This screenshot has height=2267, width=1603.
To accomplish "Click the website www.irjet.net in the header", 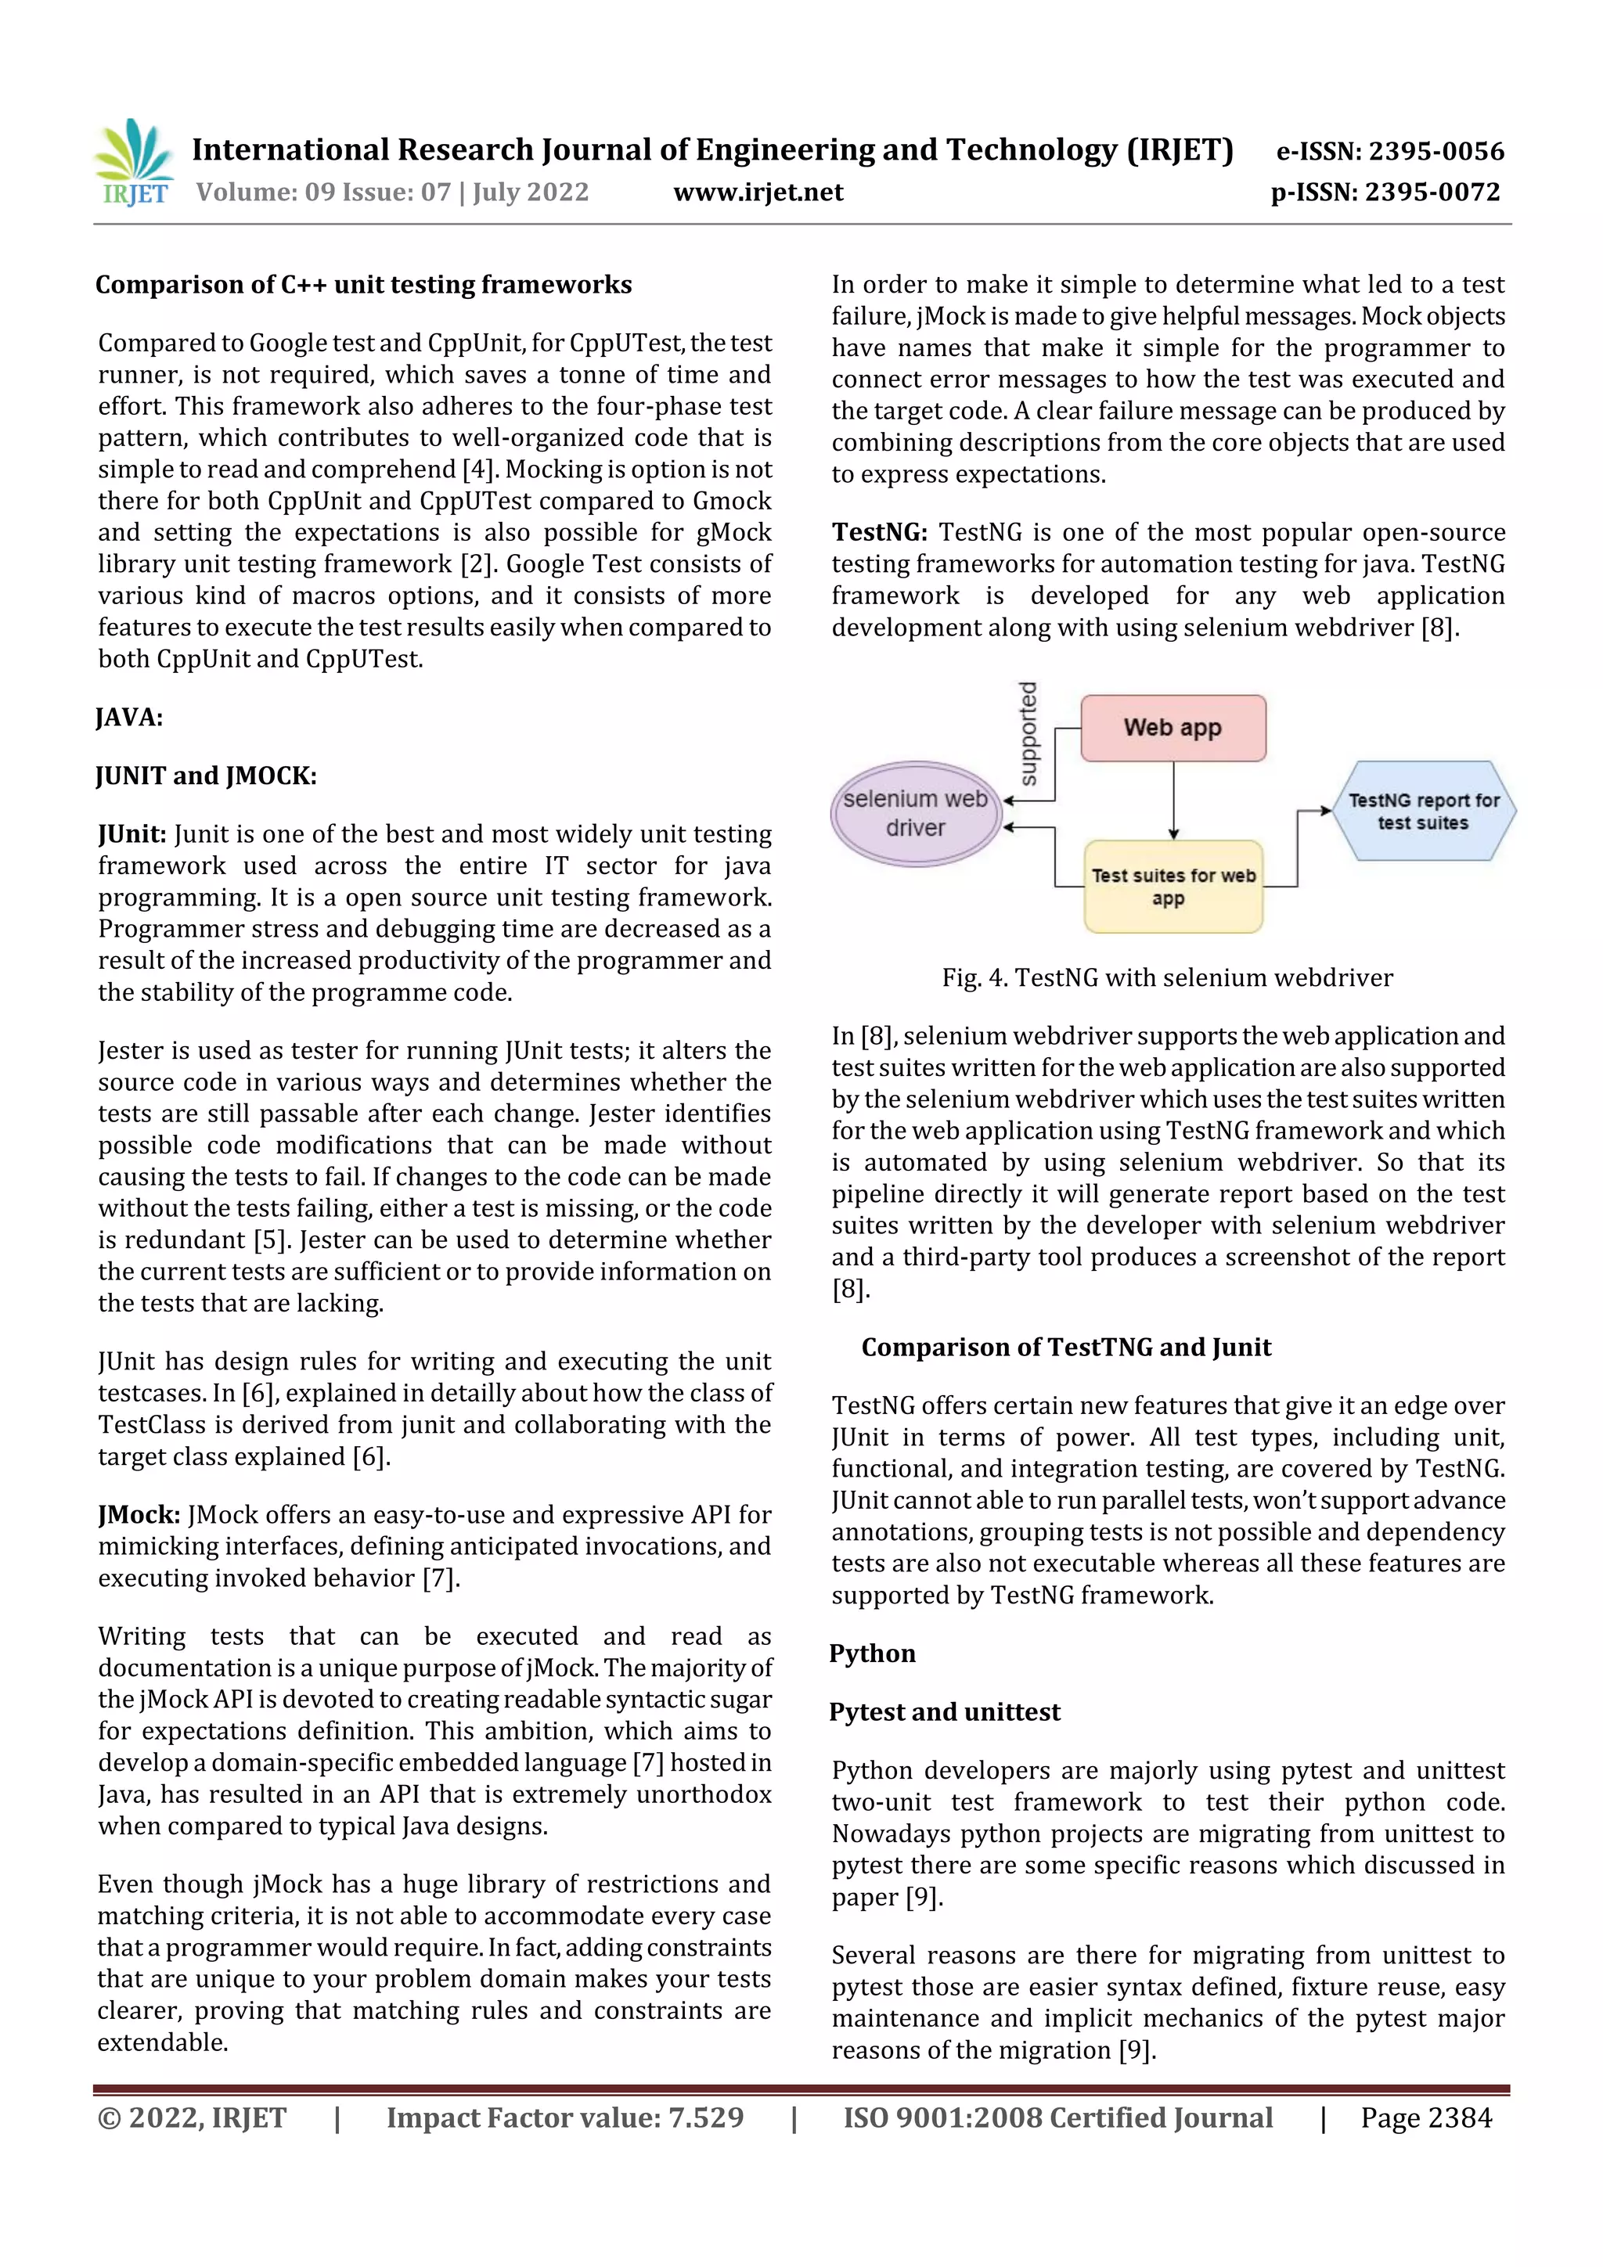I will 758,192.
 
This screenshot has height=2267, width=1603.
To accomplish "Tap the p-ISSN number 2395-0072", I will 1432,192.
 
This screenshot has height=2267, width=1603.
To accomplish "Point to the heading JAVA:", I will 128,717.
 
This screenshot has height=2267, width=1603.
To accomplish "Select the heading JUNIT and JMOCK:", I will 205,775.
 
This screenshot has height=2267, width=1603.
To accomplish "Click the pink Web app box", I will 1173,728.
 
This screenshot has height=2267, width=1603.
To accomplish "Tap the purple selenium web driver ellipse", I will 916,814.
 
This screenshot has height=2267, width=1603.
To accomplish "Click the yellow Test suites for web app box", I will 1173,886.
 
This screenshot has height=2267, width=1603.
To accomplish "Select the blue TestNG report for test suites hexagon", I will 1423,811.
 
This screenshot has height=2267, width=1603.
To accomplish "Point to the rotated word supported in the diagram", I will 1028,733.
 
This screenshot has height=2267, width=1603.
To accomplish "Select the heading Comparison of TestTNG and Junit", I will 1066,1347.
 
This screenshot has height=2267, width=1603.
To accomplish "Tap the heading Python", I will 872,1653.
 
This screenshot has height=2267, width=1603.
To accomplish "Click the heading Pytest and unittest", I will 944,1711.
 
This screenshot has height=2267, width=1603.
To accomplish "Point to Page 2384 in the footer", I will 1425,2117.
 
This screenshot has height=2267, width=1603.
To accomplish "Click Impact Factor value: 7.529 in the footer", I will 565,2117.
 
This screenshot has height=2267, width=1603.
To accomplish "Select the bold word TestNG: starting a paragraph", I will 878,532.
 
